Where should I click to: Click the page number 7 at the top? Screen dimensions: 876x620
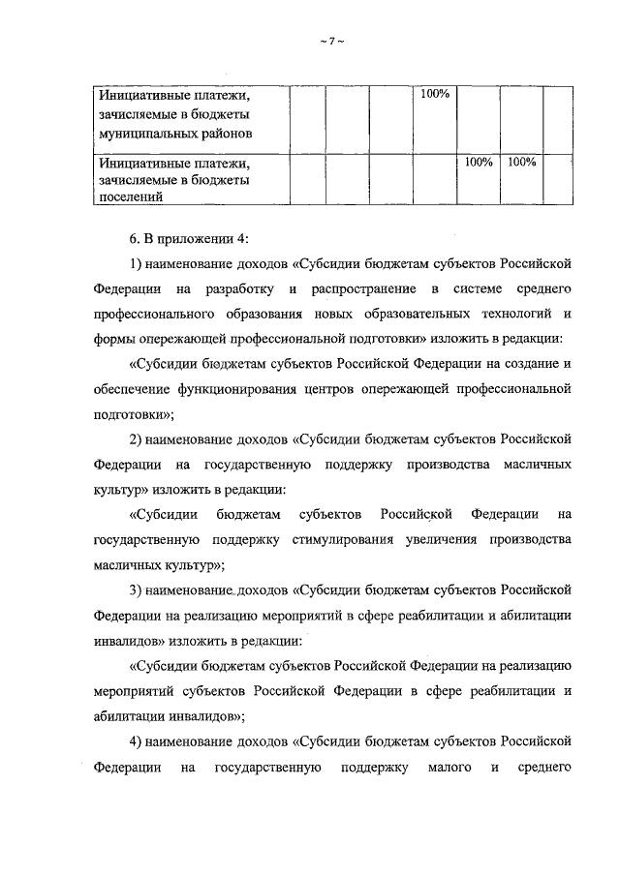point(331,40)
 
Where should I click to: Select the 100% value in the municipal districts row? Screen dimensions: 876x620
point(435,95)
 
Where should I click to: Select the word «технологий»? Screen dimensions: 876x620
point(513,314)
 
